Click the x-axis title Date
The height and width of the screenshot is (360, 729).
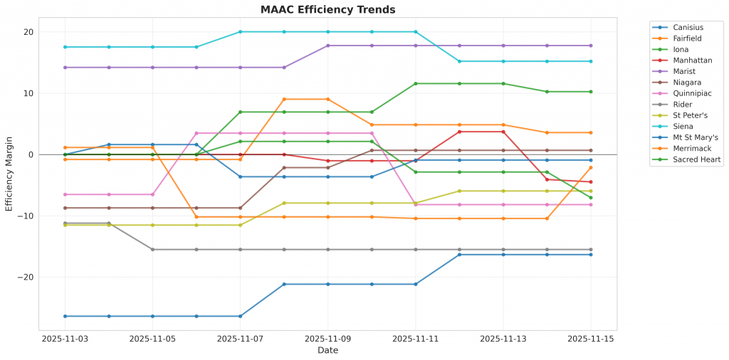tap(327, 351)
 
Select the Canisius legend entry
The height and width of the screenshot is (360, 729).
tap(688, 27)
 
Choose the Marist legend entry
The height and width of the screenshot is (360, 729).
tap(685, 71)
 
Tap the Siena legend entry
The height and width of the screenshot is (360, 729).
tap(683, 127)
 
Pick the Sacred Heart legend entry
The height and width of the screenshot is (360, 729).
tap(697, 160)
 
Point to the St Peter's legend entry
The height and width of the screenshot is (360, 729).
tap(691, 115)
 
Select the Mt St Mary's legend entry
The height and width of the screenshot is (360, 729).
tap(696, 137)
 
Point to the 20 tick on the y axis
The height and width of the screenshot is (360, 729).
tap(28, 32)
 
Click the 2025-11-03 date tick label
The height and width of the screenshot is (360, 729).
tap(65, 339)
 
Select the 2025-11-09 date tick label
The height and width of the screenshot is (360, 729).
tap(327, 339)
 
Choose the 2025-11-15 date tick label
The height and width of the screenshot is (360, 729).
tap(590, 339)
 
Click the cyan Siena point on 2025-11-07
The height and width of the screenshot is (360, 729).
tap(240, 32)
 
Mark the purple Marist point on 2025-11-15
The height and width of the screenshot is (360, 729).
tap(590, 46)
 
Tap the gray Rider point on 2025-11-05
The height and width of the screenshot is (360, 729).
tap(152, 250)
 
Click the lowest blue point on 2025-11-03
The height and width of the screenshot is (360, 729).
tap(65, 316)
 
